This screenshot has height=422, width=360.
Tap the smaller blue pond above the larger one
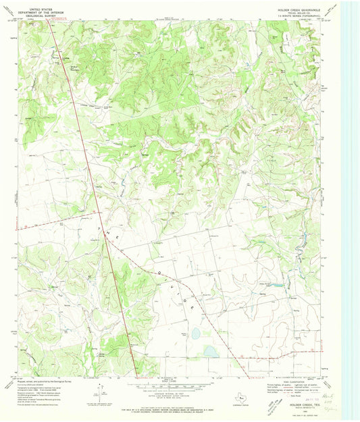point(195,333)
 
